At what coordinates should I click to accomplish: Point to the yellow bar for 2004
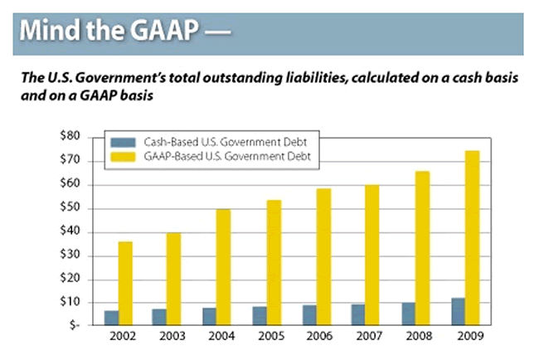224,266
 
